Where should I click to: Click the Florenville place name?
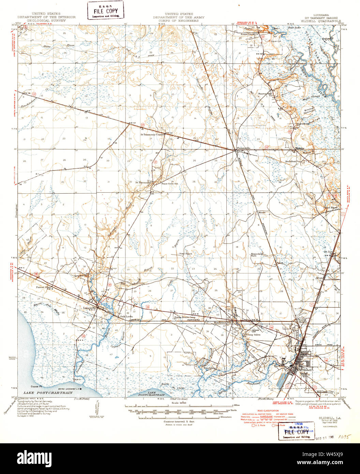click(243, 148)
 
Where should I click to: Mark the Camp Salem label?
click(254, 335)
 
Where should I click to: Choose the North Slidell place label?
click(303, 320)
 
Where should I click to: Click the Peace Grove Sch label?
click(170, 183)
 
